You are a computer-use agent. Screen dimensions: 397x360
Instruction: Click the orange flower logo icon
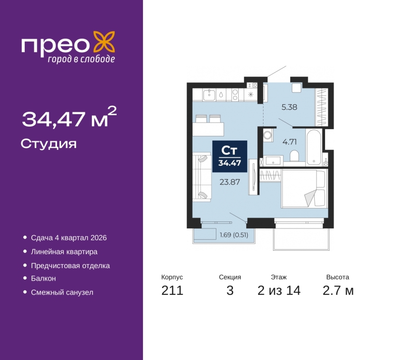pyautogui.click(x=104, y=42)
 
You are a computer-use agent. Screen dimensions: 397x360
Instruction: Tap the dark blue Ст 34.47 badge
pyautogui.click(x=230, y=156)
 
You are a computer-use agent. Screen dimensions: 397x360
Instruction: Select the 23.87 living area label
pyautogui.click(x=230, y=182)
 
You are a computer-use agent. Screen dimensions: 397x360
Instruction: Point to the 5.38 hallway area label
pyautogui.click(x=289, y=107)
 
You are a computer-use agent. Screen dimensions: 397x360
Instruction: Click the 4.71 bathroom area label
pyautogui.click(x=289, y=142)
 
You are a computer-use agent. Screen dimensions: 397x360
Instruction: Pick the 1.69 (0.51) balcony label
pyautogui.click(x=234, y=235)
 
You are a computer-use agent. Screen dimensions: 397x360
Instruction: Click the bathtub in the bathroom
pyautogui.click(x=314, y=147)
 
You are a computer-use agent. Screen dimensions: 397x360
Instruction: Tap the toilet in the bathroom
pyautogui.click(x=294, y=155)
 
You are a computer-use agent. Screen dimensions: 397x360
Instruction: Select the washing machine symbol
pyautogui.click(x=268, y=135)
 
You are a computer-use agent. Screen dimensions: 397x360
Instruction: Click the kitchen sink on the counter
pyautogui.click(x=209, y=95)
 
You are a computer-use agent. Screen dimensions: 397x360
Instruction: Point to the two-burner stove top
pyautogui.click(x=235, y=95)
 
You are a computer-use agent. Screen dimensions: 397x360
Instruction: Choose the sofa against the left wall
pyautogui.click(x=202, y=177)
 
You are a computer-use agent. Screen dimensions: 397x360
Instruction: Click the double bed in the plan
pyautogui.click(x=304, y=189)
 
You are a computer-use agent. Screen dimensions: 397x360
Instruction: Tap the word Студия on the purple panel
pyautogui.click(x=49, y=144)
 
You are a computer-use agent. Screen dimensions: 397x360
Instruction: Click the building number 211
pyautogui.click(x=172, y=290)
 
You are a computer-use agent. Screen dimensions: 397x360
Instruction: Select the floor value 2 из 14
pyautogui.click(x=279, y=290)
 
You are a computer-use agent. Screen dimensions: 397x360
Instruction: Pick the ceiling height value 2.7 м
pyautogui.click(x=338, y=290)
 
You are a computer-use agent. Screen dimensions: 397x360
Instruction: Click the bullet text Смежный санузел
pyautogui.click(x=62, y=292)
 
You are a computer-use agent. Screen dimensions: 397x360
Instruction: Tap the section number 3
pyautogui.click(x=230, y=290)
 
